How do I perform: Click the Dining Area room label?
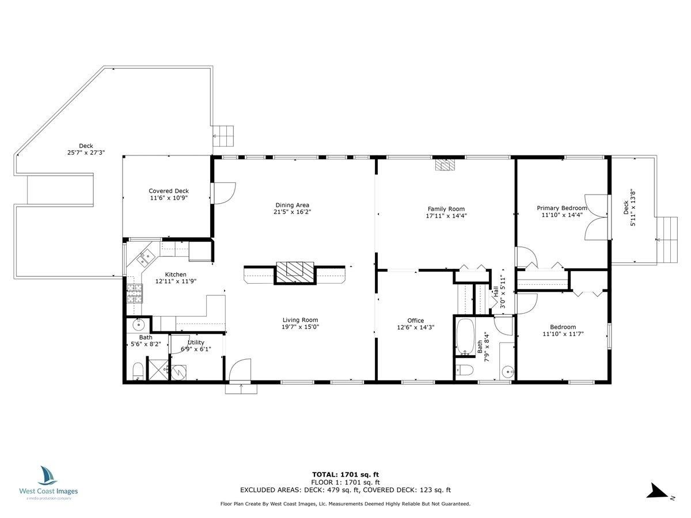(x=292, y=205)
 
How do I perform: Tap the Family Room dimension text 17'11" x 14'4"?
(x=446, y=216)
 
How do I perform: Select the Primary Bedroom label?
(x=561, y=208)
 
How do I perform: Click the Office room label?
(x=416, y=321)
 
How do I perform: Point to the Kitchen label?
(x=176, y=275)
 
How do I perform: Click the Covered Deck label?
(x=169, y=191)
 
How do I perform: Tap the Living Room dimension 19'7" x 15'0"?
(x=301, y=327)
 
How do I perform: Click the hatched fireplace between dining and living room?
(x=295, y=273)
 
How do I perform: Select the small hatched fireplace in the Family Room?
(x=445, y=165)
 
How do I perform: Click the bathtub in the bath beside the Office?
(x=465, y=337)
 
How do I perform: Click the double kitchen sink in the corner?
(x=146, y=257)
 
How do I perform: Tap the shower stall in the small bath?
(x=158, y=370)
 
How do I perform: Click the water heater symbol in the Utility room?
(x=179, y=373)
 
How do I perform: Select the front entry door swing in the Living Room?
(x=240, y=371)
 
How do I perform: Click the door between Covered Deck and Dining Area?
(x=223, y=193)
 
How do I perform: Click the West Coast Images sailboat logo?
(x=48, y=475)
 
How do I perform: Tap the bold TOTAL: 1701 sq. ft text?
(x=345, y=475)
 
